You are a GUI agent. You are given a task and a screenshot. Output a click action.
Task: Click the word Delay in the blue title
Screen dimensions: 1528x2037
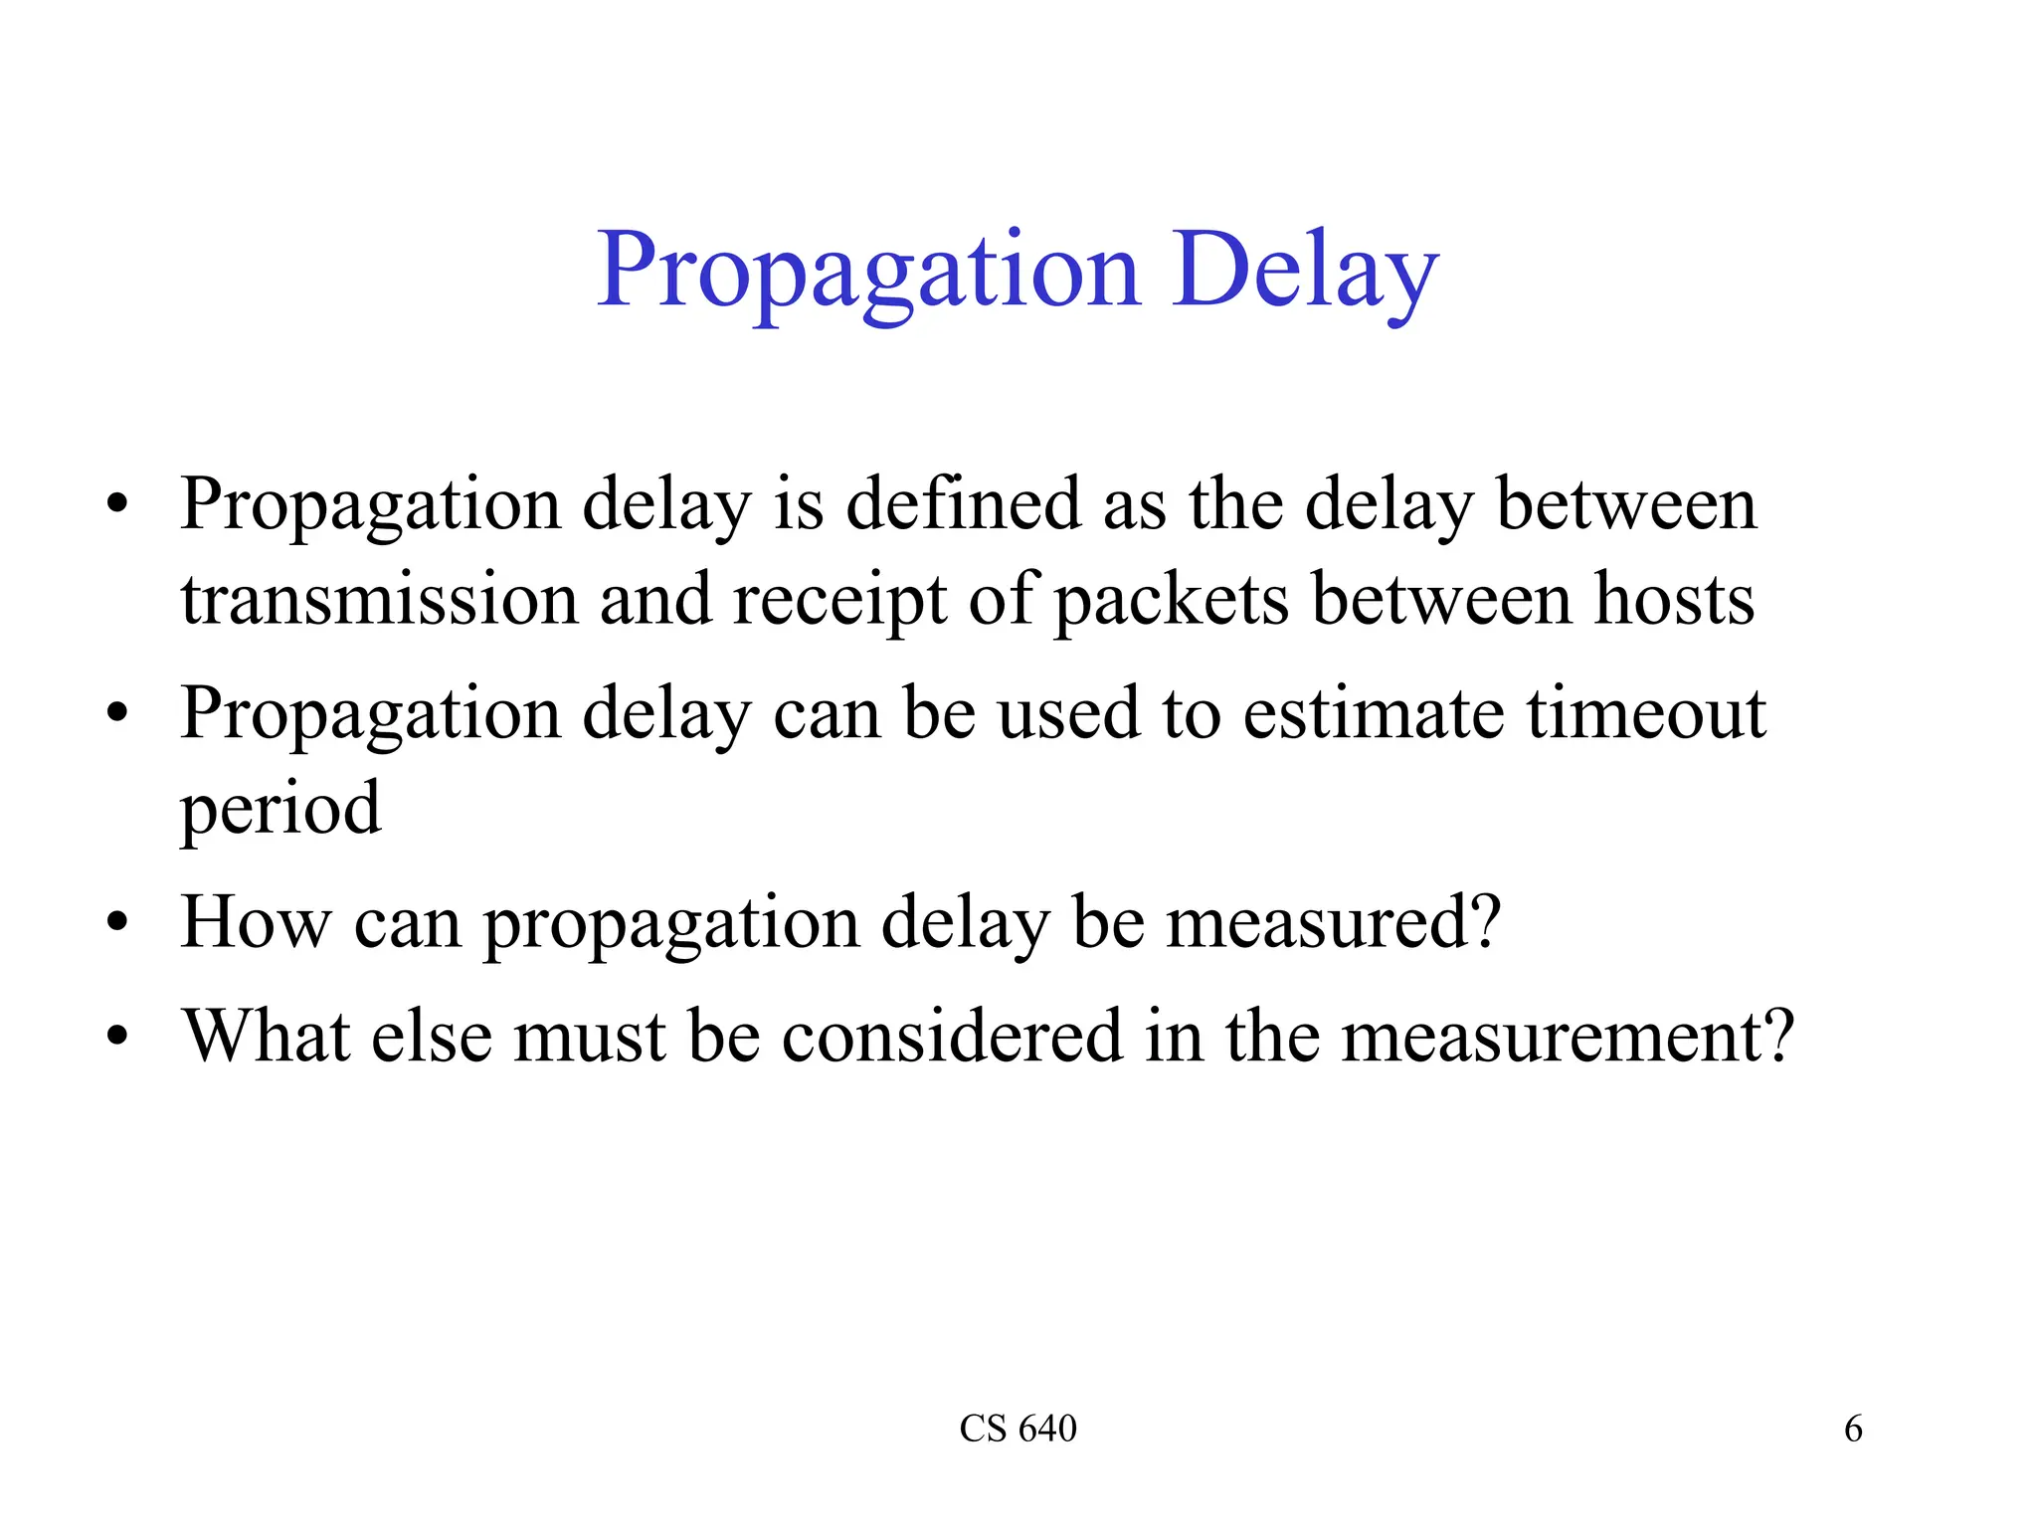pyautogui.click(x=1305, y=271)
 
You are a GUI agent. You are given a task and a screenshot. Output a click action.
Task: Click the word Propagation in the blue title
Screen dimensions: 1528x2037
pyautogui.click(x=867, y=271)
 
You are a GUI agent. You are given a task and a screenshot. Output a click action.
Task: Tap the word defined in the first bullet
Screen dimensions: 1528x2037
pyautogui.click(x=963, y=504)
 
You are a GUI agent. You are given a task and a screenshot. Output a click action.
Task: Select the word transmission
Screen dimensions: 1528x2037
pyautogui.click(x=379, y=600)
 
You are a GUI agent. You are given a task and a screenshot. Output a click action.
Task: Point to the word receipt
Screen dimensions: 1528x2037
pyautogui.click(x=839, y=600)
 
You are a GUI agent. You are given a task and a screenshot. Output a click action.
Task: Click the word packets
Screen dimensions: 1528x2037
pyautogui.click(x=1172, y=600)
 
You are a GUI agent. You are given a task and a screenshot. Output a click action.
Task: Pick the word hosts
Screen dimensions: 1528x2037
pyautogui.click(x=1675, y=600)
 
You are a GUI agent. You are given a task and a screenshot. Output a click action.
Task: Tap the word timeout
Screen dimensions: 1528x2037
pyautogui.click(x=1647, y=713)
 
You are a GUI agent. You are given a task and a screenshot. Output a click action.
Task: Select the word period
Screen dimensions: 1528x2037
pyautogui.click(x=280, y=809)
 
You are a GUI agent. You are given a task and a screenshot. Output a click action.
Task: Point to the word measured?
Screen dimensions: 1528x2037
pyautogui.click(x=1333, y=922)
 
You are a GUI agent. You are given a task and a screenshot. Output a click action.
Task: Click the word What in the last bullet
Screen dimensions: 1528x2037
pyautogui.click(x=266, y=1037)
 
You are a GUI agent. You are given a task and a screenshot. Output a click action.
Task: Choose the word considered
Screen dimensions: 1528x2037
pyautogui.click(x=952, y=1037)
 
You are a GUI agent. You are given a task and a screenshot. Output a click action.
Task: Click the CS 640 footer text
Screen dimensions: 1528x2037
pyautogui.click(x=1018, y=1429)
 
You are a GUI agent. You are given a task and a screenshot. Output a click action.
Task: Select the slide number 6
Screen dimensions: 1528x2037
pyautogui.click(x=1853, y=1429)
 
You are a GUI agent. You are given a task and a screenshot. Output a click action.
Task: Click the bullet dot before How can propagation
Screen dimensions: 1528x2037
pyautogui.click(x=117, y=923)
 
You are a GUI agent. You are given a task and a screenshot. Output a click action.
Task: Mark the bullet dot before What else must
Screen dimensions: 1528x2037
pyautogui.click(x=117, y=1038)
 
